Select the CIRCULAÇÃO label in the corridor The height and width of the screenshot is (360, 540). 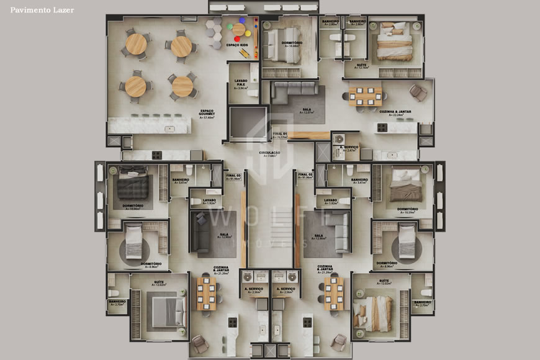[x=269, y=153]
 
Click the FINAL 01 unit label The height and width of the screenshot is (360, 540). [x=280, y=133]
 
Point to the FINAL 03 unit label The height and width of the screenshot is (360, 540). [x=233, y=176]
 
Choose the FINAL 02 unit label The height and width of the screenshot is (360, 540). [x=304, y=176]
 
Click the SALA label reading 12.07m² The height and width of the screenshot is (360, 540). [x=307, y=110]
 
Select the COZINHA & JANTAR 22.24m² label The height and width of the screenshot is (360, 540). [x=395, y=112]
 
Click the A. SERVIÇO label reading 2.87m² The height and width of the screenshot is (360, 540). [x=349, y=148]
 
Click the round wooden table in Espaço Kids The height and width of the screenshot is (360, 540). [x=239, y=29]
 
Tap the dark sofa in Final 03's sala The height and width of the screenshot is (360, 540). [x=200, y=233]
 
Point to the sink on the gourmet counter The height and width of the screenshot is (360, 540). [x=169, y=129]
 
